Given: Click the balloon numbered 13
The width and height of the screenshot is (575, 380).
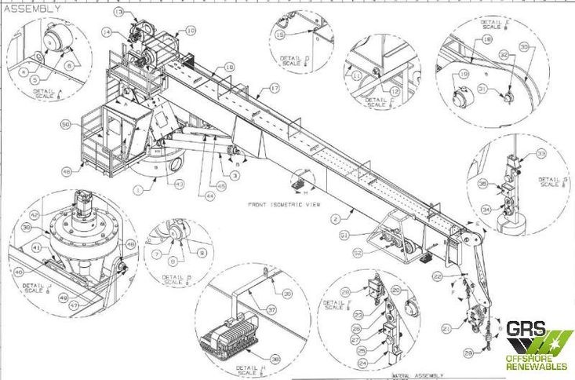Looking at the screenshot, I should pos(118,13).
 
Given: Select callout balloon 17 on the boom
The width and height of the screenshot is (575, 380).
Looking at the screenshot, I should pos(275,89).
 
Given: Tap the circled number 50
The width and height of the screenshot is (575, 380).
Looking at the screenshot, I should pos(66,124).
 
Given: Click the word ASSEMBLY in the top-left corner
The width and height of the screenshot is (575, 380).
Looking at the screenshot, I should pos(31,8).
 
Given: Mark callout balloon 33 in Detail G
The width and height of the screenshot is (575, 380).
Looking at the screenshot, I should pos(541,154).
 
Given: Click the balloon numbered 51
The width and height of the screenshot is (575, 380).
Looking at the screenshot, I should pos(344,235).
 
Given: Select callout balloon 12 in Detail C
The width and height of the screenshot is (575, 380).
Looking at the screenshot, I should pos(395,92).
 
